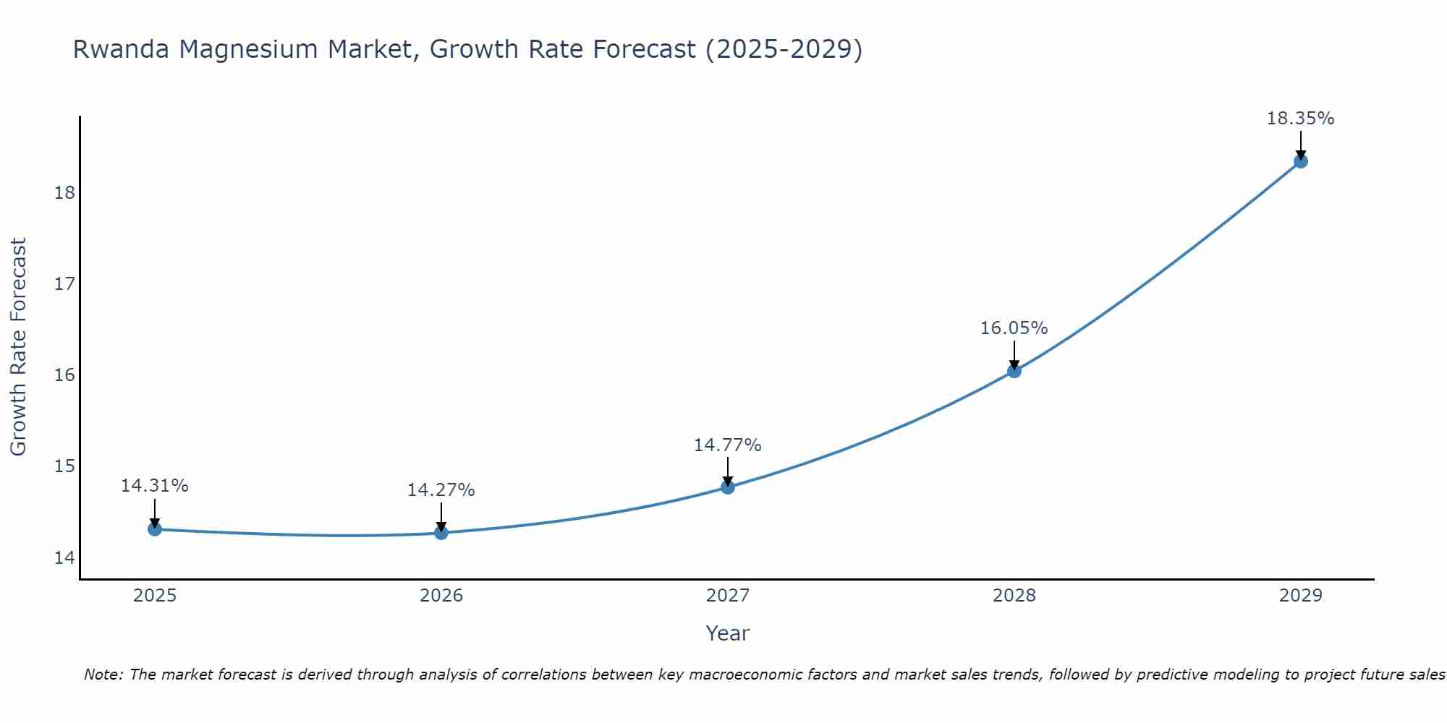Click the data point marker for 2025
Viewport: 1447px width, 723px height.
[x=155, y=529]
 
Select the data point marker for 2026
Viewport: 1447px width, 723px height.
[x=441, y=533]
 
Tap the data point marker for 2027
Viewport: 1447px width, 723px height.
[x=728, y=487]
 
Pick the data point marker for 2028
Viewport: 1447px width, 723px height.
[x=1014, y=371]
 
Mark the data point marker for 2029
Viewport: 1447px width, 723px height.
[x=1301, y=161]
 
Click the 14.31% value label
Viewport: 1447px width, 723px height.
[x=155, y=486]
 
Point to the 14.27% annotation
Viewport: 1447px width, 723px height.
[x=441, y=490]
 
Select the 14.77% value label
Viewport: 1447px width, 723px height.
[x=728, y=445]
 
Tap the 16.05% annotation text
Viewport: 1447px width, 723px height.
[x=1014, y=328]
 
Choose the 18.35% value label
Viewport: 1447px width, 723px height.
[x=1301, y=119]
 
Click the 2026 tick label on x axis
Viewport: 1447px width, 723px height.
[x=441, y=596]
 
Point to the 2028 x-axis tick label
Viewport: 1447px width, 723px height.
[x=1014, y=596]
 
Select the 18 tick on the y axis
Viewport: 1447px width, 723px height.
[x=65, y=193]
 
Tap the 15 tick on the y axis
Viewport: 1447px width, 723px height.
[x=65, y=466]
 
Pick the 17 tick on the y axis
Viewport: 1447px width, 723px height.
[x=65, y=284]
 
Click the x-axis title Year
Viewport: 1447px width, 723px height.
[x=728, y=633]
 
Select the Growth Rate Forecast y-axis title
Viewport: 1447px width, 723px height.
[x=19, y=347]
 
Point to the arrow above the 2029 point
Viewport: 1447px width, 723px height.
[x=1301, y=145]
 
